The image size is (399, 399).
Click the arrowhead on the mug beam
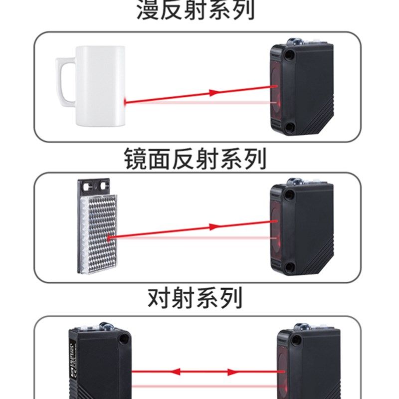pos(214,92)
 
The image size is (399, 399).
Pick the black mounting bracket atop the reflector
pos(94,187)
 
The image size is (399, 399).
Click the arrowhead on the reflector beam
pos(214,226)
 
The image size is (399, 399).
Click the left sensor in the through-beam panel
pos(100,364)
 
